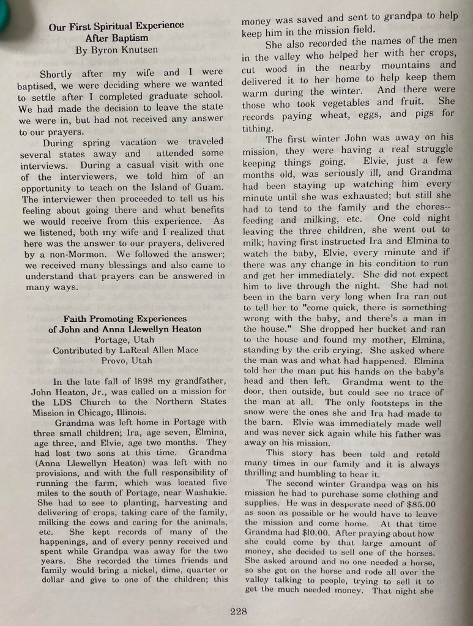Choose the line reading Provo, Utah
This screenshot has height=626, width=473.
click(127, 360)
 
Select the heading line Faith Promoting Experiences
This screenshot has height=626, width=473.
click(125, 319)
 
